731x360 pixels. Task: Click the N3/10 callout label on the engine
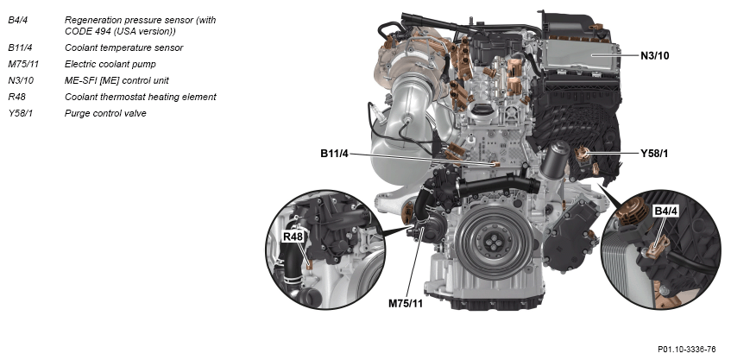pyautogui.click(x=654, y=56)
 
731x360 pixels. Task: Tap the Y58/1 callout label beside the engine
pyautogui.click(x=653, y=154)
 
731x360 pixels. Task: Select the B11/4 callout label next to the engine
pyautogui.click(x=334, y=154)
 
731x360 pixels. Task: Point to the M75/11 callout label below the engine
pyautogui.click(x=406, y=304)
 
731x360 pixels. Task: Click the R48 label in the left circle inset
pyautogui.click(x=293, y=237)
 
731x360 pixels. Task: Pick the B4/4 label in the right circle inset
pyautogui.click(x=665, y=212)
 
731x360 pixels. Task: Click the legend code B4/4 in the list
pyautogui.click(x=18, y=21)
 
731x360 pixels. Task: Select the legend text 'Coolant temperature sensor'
pyautogui.click(x=123, y=47)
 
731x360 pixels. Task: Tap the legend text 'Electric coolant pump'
pyautogui.click(x=110, y=64)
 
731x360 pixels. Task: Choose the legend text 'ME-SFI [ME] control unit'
pyautogui.click(x=117, y=80)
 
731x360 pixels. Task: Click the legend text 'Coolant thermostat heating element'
pyautogui.click(x=141, y=97)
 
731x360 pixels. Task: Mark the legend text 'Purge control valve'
pyautogui.click(x=105, y=113)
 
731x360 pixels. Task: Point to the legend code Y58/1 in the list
pyautogui.click(x=21, y=113)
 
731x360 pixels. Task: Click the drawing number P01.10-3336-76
pyautogui.click(x=687, y=350)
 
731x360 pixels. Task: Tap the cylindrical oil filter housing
pyautogui.click(x=555, y=160)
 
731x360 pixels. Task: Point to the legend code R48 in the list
pyautogui.click(x=16, y=97)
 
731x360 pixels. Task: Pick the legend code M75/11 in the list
pyautogui.click(x=23, y=64)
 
